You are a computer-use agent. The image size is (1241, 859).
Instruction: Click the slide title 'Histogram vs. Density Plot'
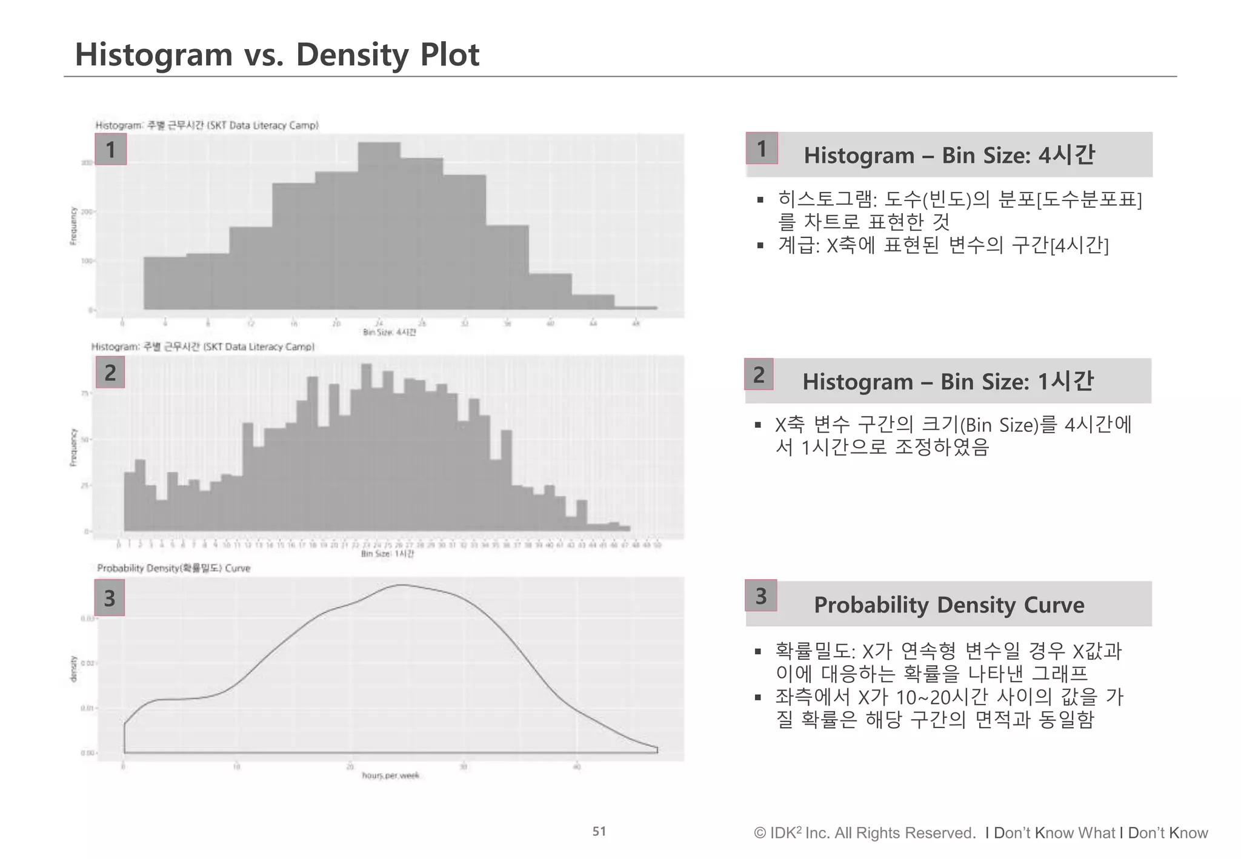[276, 55]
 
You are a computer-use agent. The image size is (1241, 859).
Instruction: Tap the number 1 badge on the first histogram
[110, 149]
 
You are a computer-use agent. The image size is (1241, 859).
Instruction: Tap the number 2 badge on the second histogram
[110, 372]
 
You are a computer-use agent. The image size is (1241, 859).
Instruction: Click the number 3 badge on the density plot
[109, 598]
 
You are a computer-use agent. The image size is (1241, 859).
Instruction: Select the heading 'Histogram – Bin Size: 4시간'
[949, 155]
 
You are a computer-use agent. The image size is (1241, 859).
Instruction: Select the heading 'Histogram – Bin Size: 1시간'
[948, 382]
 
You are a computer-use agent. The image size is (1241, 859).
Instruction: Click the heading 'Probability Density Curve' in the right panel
[949, 605]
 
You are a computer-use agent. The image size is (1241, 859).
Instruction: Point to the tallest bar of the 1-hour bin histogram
[366, 448]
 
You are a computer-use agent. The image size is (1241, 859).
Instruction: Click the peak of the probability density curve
[401, 585]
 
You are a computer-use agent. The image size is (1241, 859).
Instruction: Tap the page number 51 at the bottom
[599, 831]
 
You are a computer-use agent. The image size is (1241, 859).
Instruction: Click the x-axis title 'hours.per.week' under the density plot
[390, 775]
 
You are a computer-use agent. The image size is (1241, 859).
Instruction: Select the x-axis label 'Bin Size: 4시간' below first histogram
[389, 332]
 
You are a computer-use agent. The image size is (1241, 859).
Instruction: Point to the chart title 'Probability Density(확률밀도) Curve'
[174, 568]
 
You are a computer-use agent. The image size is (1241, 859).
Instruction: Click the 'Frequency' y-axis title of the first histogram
[73, 225]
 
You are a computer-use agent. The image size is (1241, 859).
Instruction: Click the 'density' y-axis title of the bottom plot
[73, 669]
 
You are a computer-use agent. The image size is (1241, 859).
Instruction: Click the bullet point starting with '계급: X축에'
[943, 245]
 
